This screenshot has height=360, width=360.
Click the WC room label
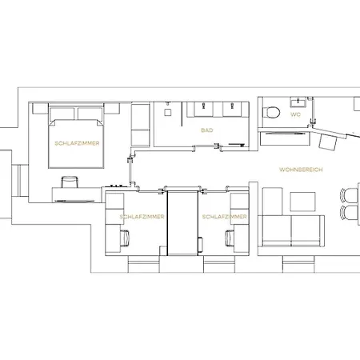pyautogui.click(x=295, y=114)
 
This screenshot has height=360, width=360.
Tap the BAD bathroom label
pyautogui.click(x=207, y=130)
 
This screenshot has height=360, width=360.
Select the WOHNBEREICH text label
pyautogui.click(x=301, y=170)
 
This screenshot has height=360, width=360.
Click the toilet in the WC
pyautogui.click(x=271, y=112)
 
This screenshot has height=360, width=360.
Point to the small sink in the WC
pyautogui.click(x=298, y=102)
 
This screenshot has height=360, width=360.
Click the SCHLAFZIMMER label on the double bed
pyautogui.click(x=77, y=143)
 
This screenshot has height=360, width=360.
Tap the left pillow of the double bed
pyautogui.click(x=62, y=114)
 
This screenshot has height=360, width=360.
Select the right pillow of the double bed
pyautogui.click(x=90, y=114)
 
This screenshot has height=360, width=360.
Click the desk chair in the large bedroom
pyautogui.click(x=70, y=182)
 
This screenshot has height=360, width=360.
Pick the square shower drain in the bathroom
pyautogui.click(x=167, y=112)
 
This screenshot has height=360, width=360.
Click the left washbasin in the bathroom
pyautogui.click(x=204, y=109)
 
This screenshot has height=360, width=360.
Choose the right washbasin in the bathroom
pyautogui.click(x=232, y=109)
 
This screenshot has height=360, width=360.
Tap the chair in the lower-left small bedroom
pyautogui.click(x=125, y=238)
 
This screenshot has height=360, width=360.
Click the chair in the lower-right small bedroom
pyautogui.click(x=230, y=238)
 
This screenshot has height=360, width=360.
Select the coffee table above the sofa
pyautogui.click(x=302, y=202)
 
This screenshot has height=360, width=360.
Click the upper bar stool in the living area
pyautogui.click(x=349, y=195)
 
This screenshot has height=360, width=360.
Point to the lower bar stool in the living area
pyautogui.click(x=349, y=213)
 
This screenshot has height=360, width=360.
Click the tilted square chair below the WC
pyautogui.click(x=328, y=142)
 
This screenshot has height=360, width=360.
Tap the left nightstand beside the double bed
pyautogui.click(x=40, y=109)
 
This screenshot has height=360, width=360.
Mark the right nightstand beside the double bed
pyautogui.click(x=112, y=109)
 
